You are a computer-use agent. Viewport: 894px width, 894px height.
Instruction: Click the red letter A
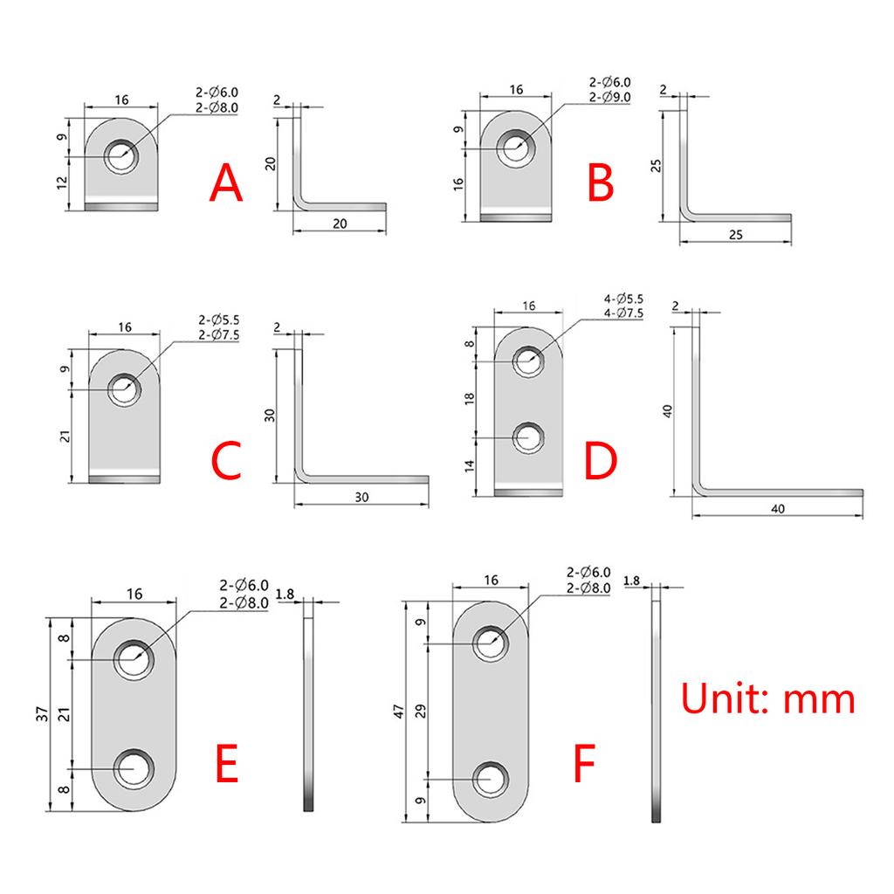coord(226,184)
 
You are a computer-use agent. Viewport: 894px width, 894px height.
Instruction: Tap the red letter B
coord(601,184)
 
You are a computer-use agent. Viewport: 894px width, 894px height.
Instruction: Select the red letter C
coord(226,463)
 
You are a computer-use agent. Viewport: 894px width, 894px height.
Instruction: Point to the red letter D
coord(601,463)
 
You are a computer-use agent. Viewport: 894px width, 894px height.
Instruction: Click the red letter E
coord(226,765)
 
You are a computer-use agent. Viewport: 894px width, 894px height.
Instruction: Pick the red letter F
coord(584,765)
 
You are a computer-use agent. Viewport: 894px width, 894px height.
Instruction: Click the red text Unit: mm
coord(767,699)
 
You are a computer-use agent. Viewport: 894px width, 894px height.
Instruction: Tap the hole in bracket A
coord(121,156)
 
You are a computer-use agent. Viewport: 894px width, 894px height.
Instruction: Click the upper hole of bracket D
coord(526,360)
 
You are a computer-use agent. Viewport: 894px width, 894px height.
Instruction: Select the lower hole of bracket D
coord(526,436)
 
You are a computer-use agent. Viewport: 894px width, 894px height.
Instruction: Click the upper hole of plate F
coord(492,643)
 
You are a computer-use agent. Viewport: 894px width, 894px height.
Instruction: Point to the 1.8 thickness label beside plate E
coord(285,595)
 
